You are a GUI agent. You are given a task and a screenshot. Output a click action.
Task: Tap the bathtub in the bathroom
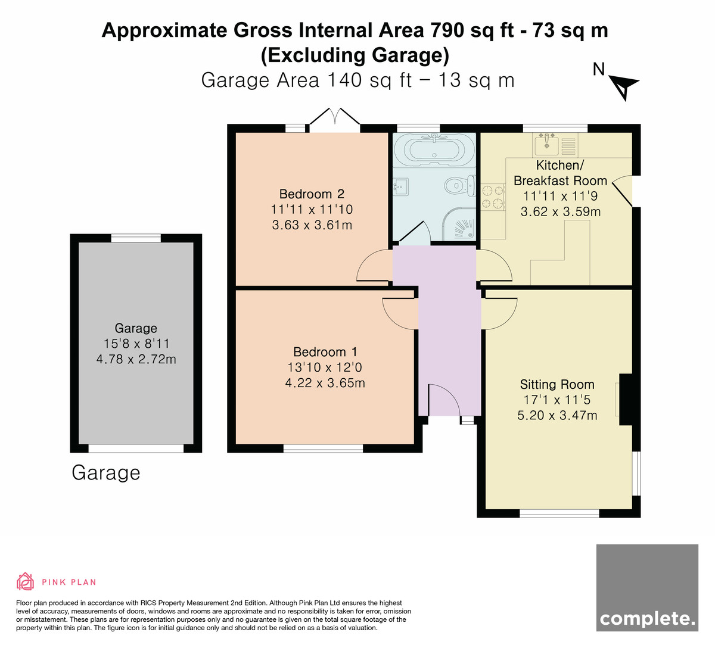click(434, 150)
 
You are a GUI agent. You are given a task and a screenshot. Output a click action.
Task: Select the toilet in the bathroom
click(460, 185)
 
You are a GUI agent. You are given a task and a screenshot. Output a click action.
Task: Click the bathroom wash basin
click(400, 186)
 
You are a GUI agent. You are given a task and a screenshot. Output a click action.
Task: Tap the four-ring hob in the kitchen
click(493, 197)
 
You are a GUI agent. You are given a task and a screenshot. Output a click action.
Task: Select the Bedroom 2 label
click(312, 194)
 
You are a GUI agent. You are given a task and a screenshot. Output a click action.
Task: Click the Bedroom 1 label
click(325, 352)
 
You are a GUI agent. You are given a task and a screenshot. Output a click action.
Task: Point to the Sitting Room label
click(557, 384)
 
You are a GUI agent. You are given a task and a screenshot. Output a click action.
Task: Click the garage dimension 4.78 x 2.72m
click(136, 359)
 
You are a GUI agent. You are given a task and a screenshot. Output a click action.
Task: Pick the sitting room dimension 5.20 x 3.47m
click(557, 415)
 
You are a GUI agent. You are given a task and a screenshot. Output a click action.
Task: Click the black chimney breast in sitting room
click(625, 400)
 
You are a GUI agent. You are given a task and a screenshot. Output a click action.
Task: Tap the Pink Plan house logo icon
click(25, 582)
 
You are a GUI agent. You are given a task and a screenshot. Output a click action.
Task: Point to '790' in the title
click(447, 30)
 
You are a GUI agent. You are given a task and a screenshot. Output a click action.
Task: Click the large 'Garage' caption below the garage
click(106, 473)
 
